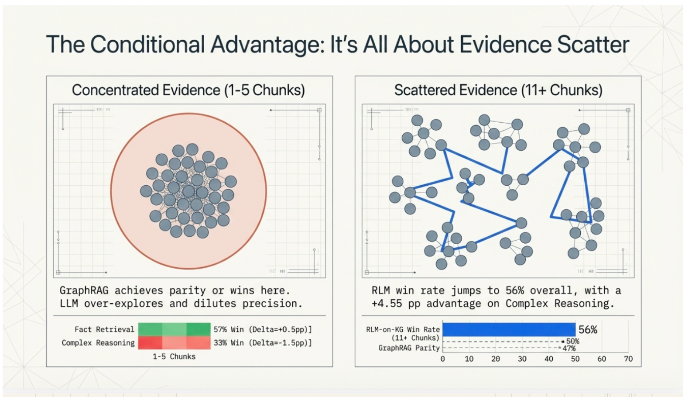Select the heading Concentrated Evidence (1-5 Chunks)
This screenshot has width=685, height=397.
tap(188, 90)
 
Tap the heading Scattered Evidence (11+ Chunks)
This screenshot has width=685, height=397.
tap(498, 90)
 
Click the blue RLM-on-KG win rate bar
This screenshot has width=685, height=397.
tap(509, 329)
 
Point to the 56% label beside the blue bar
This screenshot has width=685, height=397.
tap(588, 330)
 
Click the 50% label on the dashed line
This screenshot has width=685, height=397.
tap(572, 341)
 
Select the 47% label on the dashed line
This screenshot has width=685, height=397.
tap(569, 348)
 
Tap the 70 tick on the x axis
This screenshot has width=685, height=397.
tap(628, 359)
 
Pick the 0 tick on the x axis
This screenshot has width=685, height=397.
tap(442, 359)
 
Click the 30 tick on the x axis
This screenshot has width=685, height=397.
tap(522, 359)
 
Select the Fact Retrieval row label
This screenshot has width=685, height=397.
tap(104, 329)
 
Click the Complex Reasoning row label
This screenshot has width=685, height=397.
tap(98, 343)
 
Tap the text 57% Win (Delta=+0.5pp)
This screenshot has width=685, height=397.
tap(262, 329)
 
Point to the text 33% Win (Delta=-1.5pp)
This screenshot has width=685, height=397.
tap(262, 343)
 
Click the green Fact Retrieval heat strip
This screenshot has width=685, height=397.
tap(174, 329)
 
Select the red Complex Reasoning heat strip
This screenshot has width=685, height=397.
tap(174, 343)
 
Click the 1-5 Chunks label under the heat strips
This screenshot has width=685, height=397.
tap(174, 356)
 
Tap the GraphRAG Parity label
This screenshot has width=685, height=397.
tap(409, 348)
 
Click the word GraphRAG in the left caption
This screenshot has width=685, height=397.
tap(84, 290)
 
